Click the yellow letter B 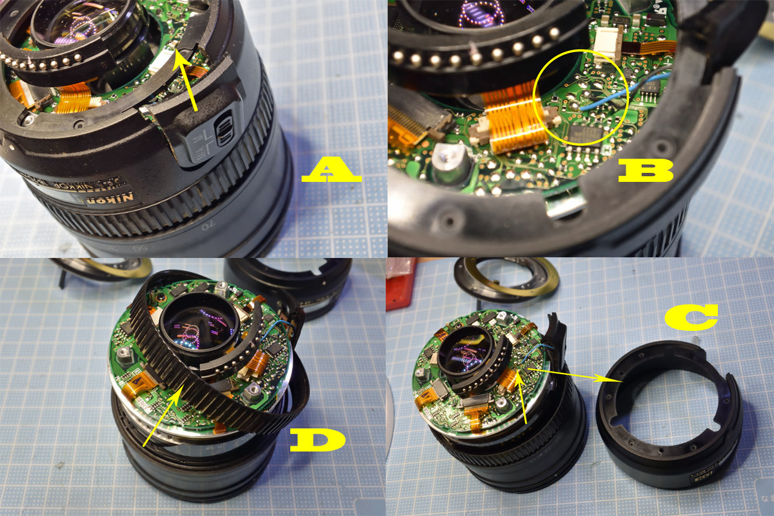click(x=645, y=170)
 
